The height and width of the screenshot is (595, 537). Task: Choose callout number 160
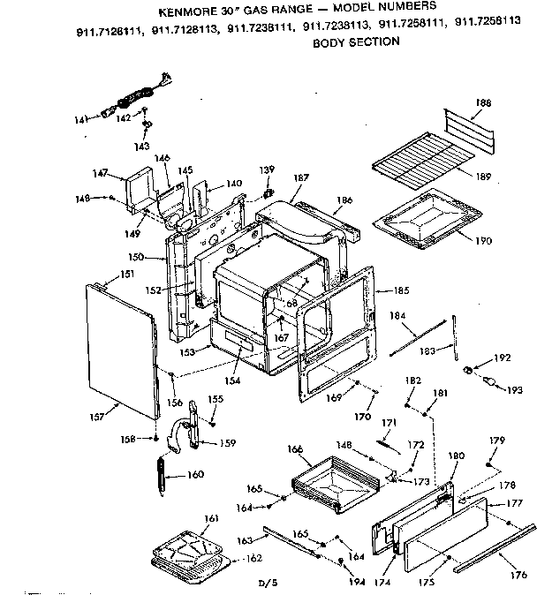[x=194, y=475]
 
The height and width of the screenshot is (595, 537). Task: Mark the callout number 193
[x=515, y=389]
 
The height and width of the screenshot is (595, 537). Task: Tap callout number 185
[x=401, y=290]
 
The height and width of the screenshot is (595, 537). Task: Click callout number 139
[x=265, y=169]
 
